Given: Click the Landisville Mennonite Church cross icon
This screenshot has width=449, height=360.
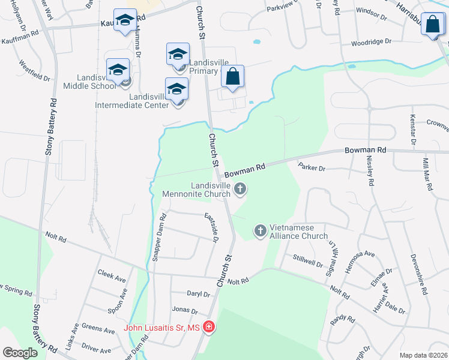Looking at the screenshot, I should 240,190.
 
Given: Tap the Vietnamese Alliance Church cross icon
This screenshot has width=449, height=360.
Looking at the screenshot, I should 261,230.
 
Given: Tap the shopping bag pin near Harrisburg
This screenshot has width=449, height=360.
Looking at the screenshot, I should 432,26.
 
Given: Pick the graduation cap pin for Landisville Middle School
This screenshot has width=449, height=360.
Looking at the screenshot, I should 118,71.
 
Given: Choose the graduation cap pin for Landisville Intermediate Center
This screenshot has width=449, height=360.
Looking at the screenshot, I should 176,90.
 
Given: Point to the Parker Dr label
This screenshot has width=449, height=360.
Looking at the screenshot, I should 311,169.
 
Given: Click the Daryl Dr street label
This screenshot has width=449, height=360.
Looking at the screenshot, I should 198,295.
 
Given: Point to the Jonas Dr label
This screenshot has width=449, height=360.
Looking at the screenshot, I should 185,311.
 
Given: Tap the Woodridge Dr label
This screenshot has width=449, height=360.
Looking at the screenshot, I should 371,42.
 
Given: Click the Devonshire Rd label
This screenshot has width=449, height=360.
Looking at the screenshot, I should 418,274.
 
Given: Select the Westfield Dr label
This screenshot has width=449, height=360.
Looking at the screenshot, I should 34,70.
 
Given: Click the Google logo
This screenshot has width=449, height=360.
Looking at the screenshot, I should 20,353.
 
